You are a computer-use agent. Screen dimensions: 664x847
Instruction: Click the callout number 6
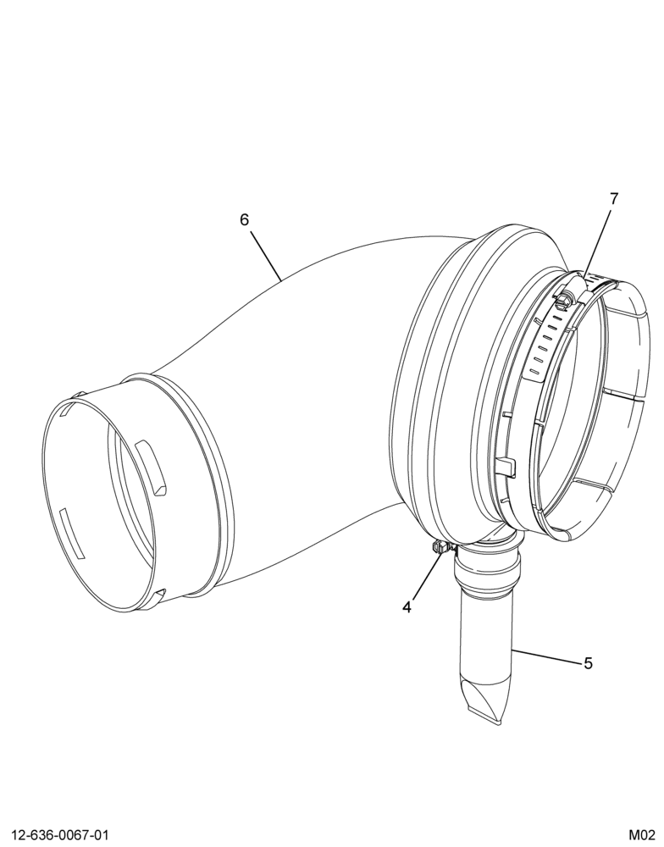[245, 220]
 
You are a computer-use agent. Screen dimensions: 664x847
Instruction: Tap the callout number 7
[614, 199]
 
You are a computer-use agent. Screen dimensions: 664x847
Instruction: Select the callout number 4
[407, 607]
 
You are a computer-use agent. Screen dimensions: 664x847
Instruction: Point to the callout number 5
[588, 663]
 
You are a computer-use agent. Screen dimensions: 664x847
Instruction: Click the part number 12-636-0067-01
[60, 835]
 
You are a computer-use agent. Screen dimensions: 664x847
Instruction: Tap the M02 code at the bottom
[641, 835]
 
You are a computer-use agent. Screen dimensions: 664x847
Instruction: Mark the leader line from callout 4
[428, 577]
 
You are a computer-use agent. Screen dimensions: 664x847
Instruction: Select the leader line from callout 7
[597, 241]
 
